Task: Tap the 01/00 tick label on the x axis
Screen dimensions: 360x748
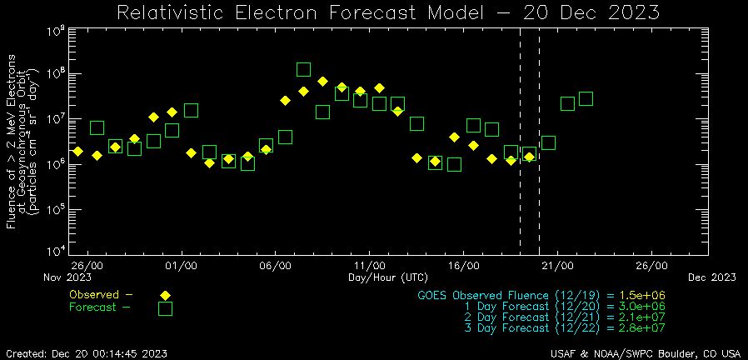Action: pos(181,266)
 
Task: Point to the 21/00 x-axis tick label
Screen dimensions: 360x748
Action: pos(557,266)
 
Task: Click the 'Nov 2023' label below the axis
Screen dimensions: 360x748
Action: pos(67,277)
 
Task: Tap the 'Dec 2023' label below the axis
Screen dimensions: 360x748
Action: pos(711,277)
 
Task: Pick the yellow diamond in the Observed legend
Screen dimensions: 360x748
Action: pos(165,295)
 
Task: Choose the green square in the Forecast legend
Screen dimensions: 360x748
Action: pos(165,308)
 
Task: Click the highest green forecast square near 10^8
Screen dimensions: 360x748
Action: pos(304,70)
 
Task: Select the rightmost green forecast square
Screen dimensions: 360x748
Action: pos(586,98)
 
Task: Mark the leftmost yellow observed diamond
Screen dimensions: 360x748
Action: pos(77,151)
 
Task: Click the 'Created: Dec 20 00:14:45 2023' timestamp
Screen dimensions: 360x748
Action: pos(85,353)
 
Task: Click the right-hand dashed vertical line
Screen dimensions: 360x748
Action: pos(539,142)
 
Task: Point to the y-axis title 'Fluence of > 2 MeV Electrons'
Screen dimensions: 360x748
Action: pos(12,142)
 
